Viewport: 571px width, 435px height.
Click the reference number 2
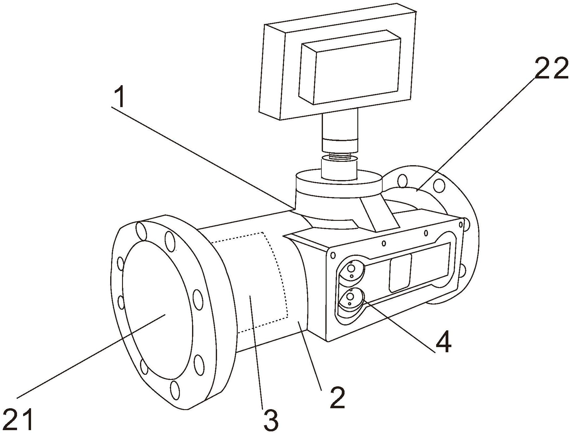(337, 398)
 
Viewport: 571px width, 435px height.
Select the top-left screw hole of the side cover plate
(333, 255)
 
